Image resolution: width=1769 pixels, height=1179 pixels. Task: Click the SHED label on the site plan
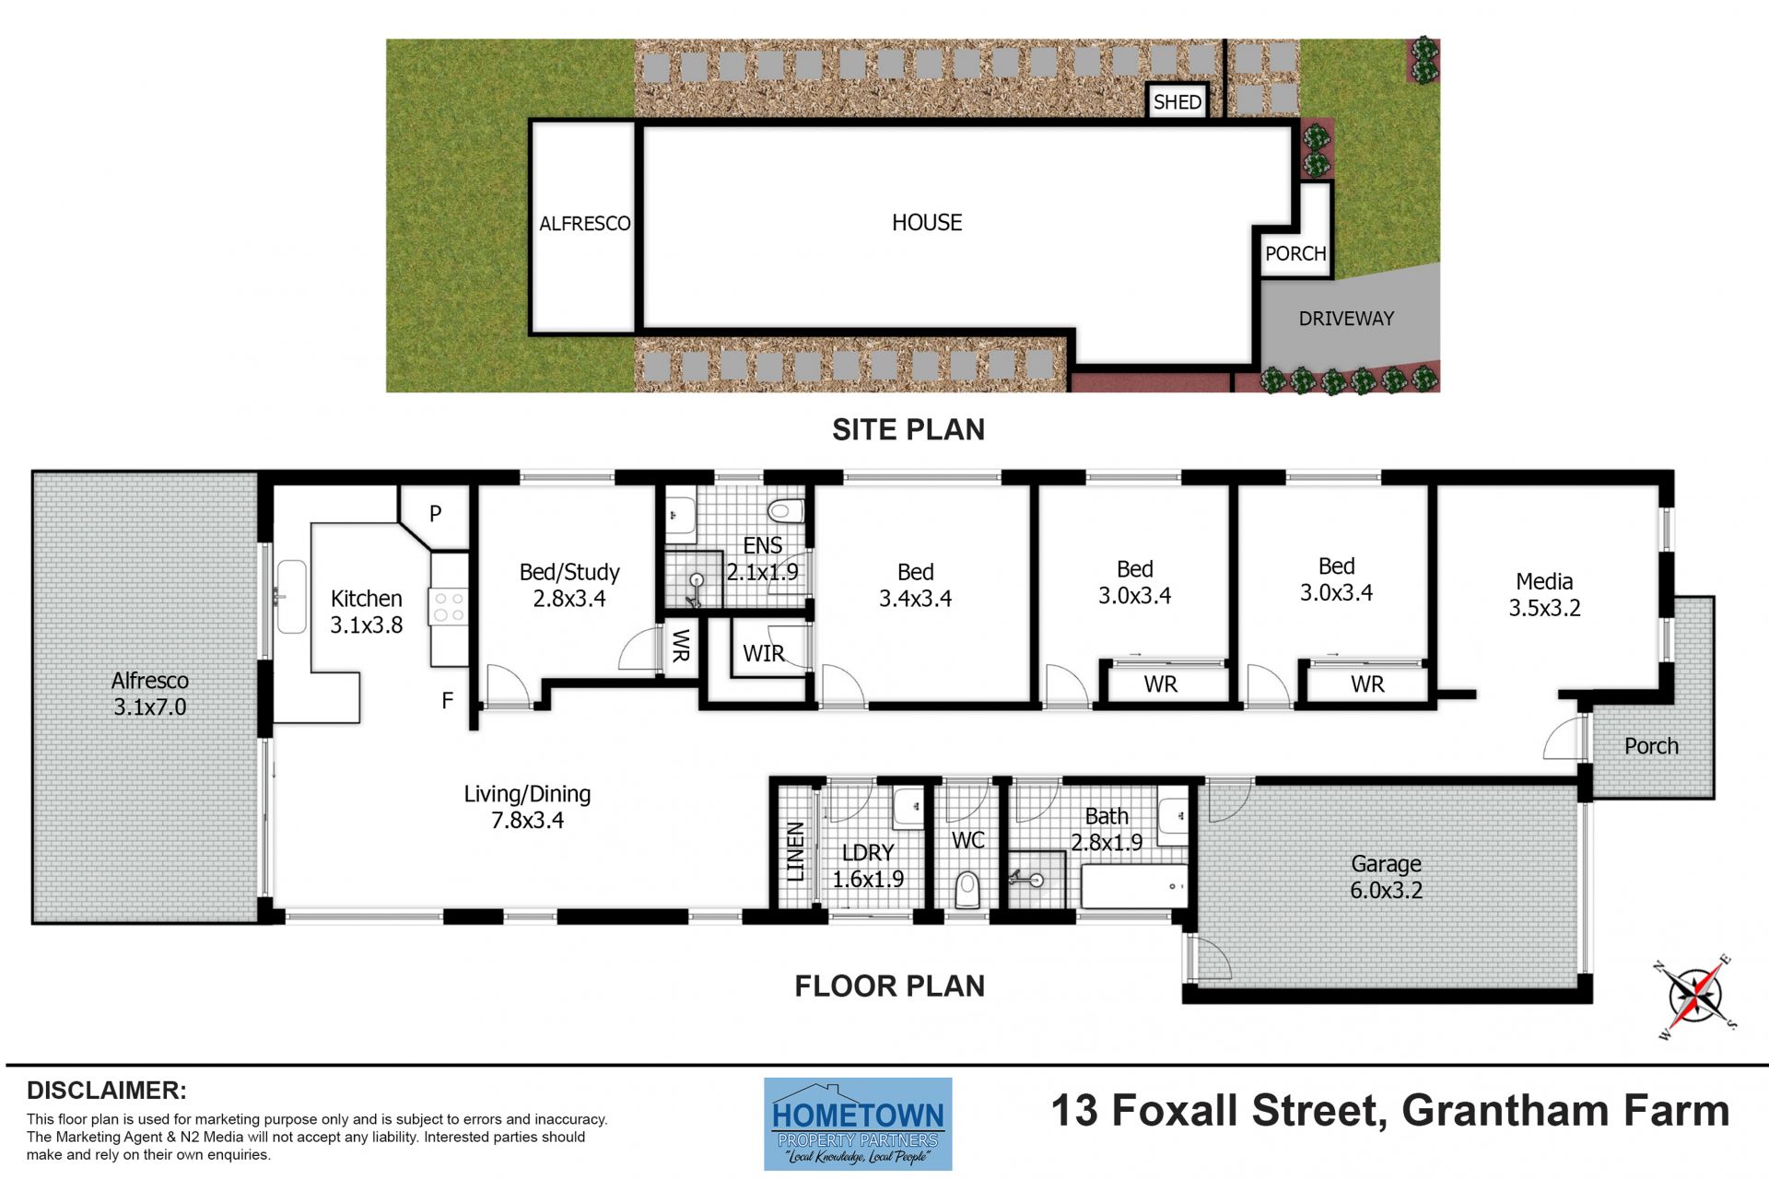pyautogui.click(x=1177, y=101)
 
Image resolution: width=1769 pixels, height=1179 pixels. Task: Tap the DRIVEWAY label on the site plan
pyautogui.click(x=1346, y=319)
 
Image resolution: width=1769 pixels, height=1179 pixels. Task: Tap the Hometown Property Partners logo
pyautogui.click(x=858, y=1124)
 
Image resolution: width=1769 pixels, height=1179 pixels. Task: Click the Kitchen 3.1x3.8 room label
pyautogui.click(x=367, y=612)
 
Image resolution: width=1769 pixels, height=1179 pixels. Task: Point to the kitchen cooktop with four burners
pyautogui.click(x=449, y=608)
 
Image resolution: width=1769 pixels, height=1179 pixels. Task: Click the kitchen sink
pyautogui.click(x=291, y=596)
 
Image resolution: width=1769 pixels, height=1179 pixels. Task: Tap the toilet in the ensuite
pyautogui.click(x=786, y=509)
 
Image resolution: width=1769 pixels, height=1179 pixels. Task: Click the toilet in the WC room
pyautogui.click(x=967, y=890)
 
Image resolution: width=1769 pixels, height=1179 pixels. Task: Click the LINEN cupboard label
pyautogui.click(x=795, y=852)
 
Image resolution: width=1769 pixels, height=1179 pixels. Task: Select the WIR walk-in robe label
pyautogui.click(x=764, y=654)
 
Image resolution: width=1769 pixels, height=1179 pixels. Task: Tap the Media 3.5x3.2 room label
pyautogui.click(x=1544, y=594)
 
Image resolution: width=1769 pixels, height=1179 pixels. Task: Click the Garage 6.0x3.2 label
pyautogui.click(x=1386, y=877)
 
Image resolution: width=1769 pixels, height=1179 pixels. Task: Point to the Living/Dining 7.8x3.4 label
pyautogui.click(x=527, y=807)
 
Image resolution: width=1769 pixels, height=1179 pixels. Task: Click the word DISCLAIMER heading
pyautogui.click(x=107, y=1091)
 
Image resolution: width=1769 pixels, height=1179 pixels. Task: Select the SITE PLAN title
pyautogui.click(x=908, y=429)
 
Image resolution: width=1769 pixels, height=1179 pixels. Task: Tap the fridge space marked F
pyautogui.click(x=447, y=701)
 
